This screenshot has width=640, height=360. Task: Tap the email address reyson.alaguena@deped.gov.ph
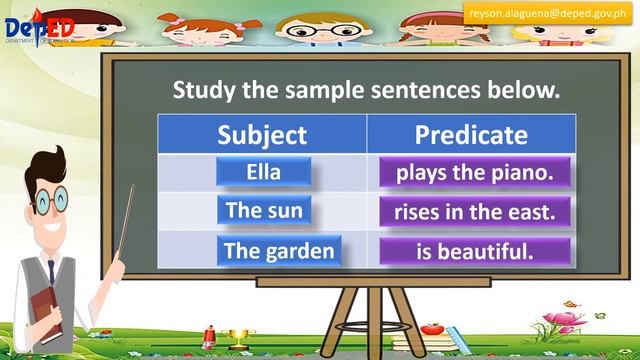(549, 13)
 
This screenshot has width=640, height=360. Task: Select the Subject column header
(262, 134)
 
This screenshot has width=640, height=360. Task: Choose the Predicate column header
(471, 134)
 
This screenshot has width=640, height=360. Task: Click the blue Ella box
(263, 172)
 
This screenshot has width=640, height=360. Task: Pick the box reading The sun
(263, 211)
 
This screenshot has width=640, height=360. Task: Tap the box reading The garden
(278, 251)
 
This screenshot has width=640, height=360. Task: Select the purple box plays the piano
(475, 172)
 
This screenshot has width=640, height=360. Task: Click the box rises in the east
(475, 212)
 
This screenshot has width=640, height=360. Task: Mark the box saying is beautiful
(475, 251)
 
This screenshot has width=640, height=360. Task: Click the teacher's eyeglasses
(49, 201)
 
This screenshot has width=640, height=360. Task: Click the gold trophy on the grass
(237, 336)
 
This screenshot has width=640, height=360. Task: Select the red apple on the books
(432, 327)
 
